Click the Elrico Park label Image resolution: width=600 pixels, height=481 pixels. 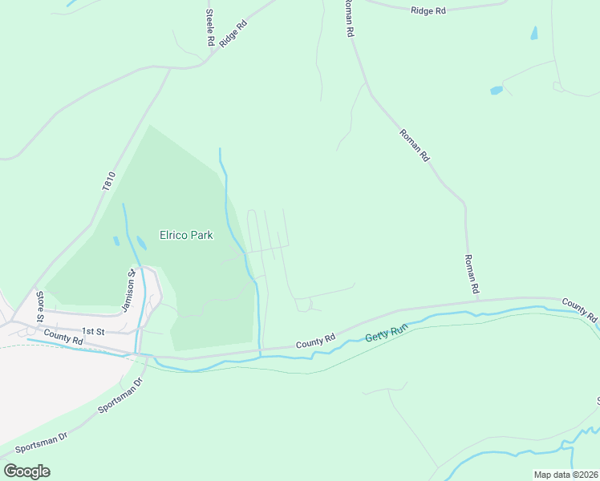click(x=185, y=236)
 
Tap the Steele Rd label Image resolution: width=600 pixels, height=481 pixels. click(x=209, y=26)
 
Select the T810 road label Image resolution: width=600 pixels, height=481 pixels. click(x=110, y=180)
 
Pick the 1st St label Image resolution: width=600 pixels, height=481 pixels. click(x=94, y=330)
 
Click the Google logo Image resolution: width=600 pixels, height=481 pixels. click(x=26, y=471)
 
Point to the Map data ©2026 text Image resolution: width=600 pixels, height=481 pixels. click(x=566, y=475)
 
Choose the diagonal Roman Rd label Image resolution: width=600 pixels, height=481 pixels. click(x=415, y=145)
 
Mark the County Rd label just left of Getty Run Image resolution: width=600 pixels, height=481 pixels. click(x=314, y=341)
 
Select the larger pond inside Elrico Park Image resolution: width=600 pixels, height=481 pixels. click(x=142, y=242)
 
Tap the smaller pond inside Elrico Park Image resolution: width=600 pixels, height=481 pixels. click(x=117, y=240)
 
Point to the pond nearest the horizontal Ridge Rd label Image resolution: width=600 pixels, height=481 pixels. click(x=534, y=34)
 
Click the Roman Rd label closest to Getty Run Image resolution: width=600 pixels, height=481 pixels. click(x=472, y=273)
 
